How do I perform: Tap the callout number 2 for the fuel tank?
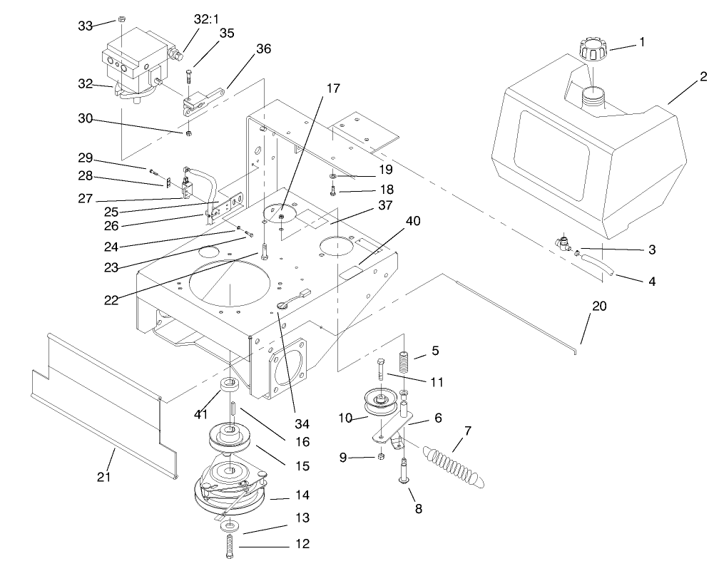pyautogui.click(x=703, y=77)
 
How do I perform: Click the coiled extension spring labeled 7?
pyautogui.click(x=457, y=463)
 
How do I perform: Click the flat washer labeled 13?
pyautogui.click(x=230, y=526)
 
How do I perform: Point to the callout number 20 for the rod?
pyautogui.click(x=599, y=306)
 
